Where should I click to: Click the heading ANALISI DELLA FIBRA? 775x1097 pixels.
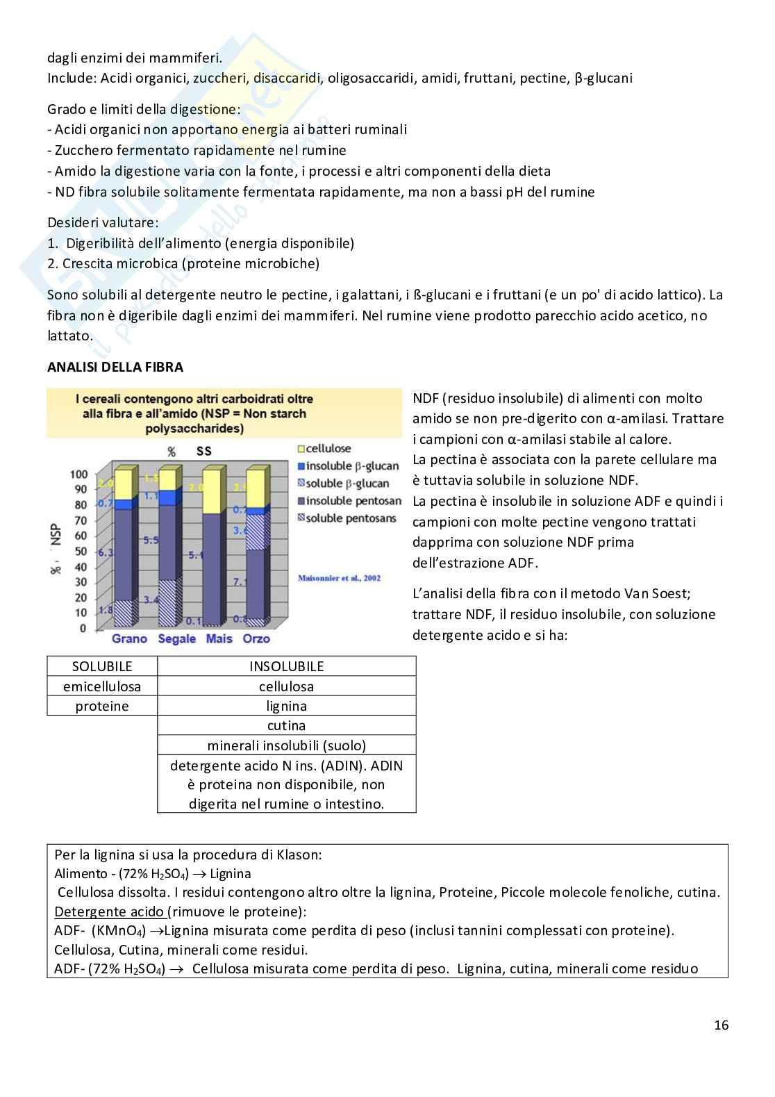(x=115, y=368)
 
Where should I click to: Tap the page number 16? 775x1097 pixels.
(x=721, y=1025)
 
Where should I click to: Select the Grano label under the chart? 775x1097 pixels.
(x=129, y=638)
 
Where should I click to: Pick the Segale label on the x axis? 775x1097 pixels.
(x=176, y=638)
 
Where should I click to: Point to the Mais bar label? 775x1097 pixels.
(x=219, y=638)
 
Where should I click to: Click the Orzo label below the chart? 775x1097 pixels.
(x=256, y=638)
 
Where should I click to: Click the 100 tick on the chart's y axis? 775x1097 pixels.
(x=78, y=475)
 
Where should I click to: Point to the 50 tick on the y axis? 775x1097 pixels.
(x=81, y=552)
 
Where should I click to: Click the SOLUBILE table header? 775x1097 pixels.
(x=102, y=666)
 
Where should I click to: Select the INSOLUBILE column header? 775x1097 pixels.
(x=286, y=666)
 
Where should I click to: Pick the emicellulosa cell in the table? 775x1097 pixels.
(x=102, y=686)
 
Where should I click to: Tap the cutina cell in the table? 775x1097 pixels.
(x=286, y=725)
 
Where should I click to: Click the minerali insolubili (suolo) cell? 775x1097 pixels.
(x=286, y=745)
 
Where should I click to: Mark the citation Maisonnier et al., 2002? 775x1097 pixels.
(x=340, y=578)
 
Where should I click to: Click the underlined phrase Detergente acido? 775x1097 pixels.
(x=109, y=912)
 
